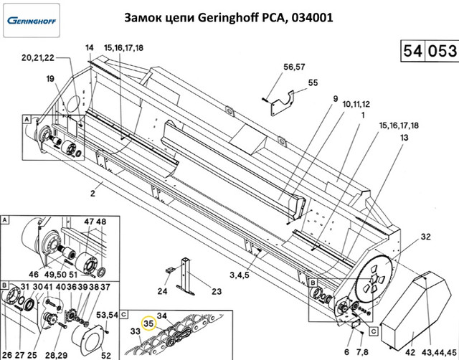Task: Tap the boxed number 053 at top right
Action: [441, 52]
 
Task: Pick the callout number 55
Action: [312, 82]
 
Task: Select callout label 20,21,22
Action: [37, 58]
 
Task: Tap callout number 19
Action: [50, 78]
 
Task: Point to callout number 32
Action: [425, 237]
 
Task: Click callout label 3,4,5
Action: [239, 275]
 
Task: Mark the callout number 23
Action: [216, 290]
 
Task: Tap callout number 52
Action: [106, 354]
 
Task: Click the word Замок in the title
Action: [148, 16]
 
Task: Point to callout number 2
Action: [93, 194]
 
